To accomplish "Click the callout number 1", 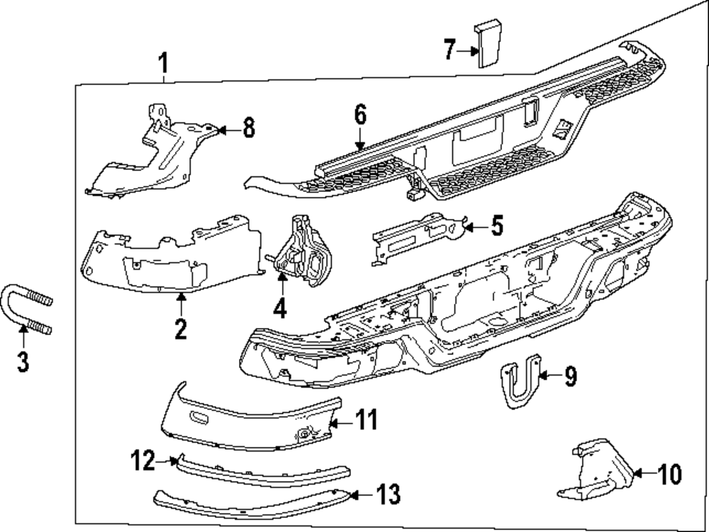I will pyautogui.click(x=163, y=64).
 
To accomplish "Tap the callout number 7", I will pyautogui.click(x=449, y=50).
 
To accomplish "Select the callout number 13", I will pyautogui.click(x=389, y=494).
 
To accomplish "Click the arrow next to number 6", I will pyautogui.click(x=359, y=138).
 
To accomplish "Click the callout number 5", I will pyautogui.click(x=496, y=227).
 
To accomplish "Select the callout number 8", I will pyautogui.click(x=247, y=129).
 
